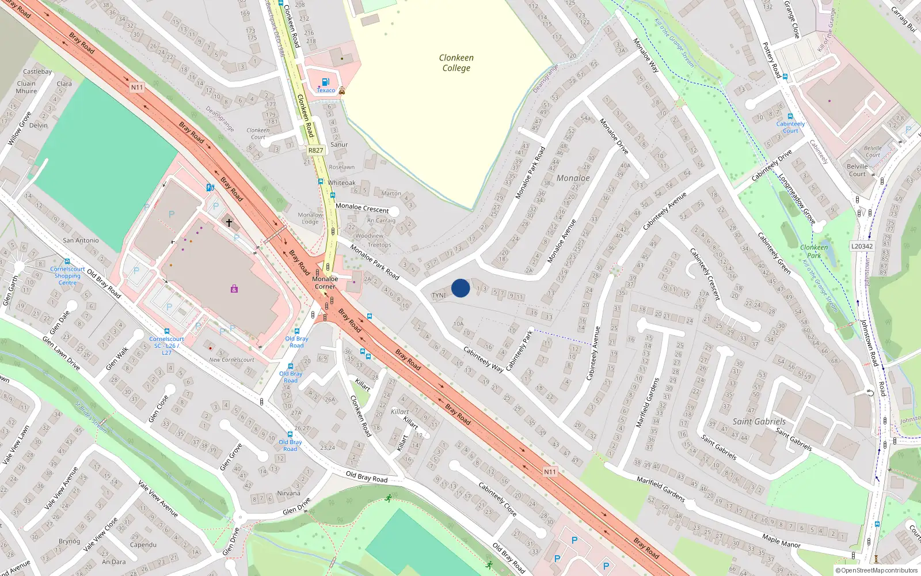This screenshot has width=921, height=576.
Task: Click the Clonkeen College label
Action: coord(456,63)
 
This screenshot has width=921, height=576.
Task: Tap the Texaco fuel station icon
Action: coord(325,82)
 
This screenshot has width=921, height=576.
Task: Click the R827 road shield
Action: coord(315,150)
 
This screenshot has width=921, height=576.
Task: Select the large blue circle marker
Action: coord(461,288)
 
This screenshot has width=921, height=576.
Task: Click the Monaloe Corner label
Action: coord(325,282)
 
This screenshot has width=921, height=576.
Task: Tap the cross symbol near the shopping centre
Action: coord(229,222)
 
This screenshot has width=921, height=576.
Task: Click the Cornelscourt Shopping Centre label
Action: coord(67,276)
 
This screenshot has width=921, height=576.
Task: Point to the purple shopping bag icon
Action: coord(234,289)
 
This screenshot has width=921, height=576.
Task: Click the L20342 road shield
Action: coord(862,246)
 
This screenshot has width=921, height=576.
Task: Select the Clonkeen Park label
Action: coord(814,251)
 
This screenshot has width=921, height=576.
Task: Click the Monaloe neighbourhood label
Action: coord(573,178)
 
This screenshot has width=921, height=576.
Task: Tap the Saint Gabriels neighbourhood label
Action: coord(759,421)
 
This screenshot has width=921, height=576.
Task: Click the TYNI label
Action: coord(439,295)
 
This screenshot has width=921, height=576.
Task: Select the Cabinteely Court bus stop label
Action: coord(790,127)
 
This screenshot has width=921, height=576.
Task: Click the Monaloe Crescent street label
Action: coord(362,207)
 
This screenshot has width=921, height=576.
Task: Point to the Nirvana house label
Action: coord(288,493)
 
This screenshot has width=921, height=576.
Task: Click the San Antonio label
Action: coord(81,240)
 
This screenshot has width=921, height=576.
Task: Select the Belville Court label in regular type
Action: coord(857,170)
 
